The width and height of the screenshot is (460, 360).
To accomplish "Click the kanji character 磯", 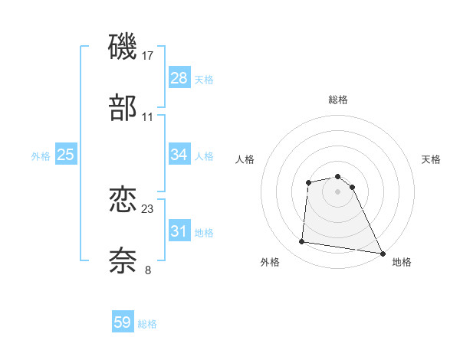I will point(123,47).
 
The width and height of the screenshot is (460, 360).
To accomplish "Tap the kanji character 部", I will point(123,109).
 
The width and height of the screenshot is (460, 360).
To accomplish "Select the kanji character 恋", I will point(123,201).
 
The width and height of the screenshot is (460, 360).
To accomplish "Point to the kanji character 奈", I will point(123,260).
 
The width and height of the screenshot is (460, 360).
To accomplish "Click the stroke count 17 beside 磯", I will point(148,56).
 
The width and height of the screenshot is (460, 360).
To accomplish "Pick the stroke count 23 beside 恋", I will point(148,209).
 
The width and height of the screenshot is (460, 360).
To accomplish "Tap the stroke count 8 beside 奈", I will point(148,270).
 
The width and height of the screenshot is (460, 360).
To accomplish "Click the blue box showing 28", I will point(179,78).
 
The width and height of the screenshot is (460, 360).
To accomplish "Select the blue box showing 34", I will point(179,155).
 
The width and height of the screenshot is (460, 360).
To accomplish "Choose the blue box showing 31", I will point(179,231).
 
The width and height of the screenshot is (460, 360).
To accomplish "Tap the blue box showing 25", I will point(66,155).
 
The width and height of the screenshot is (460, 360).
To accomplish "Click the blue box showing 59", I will point(123,322).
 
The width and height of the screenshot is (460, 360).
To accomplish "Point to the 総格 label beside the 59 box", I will point(147,324).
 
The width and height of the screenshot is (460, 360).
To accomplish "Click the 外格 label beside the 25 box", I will point(41,156).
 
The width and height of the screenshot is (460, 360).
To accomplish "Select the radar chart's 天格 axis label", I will point(431,159).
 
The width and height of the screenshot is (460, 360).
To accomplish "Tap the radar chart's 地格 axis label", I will point(402,262).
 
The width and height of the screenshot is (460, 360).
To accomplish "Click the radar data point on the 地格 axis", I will point(383,253).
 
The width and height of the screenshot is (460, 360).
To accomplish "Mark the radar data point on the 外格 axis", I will point(302,242).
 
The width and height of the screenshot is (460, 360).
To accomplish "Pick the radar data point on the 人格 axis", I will point(308,182).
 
